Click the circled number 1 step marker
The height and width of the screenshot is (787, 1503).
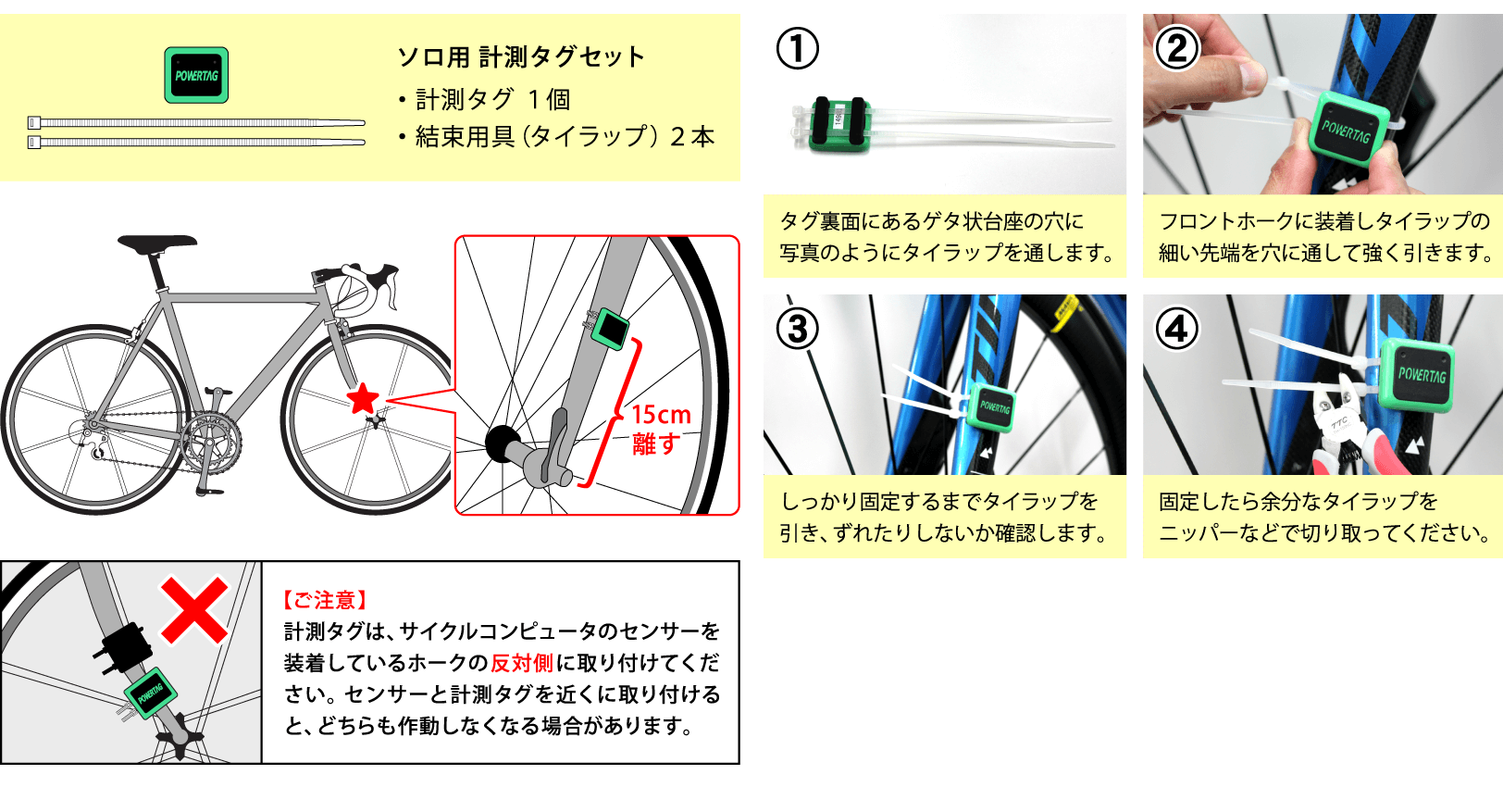797,48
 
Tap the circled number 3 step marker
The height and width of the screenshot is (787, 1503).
797,329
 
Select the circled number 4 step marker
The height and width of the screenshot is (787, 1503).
1177,329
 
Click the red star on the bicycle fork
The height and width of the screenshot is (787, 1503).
363,399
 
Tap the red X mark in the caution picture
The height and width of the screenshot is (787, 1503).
194,610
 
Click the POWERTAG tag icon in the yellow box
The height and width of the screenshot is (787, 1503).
196,75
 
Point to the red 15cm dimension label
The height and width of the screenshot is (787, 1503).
661,415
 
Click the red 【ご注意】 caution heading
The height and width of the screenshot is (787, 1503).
325,600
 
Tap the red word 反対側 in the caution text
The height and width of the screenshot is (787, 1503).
522,663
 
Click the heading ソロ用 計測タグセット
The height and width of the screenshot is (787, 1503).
521,57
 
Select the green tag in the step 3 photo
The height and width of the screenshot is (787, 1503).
992,407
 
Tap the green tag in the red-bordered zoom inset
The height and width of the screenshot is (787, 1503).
610,329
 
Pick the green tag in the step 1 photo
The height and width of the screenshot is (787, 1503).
838,125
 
